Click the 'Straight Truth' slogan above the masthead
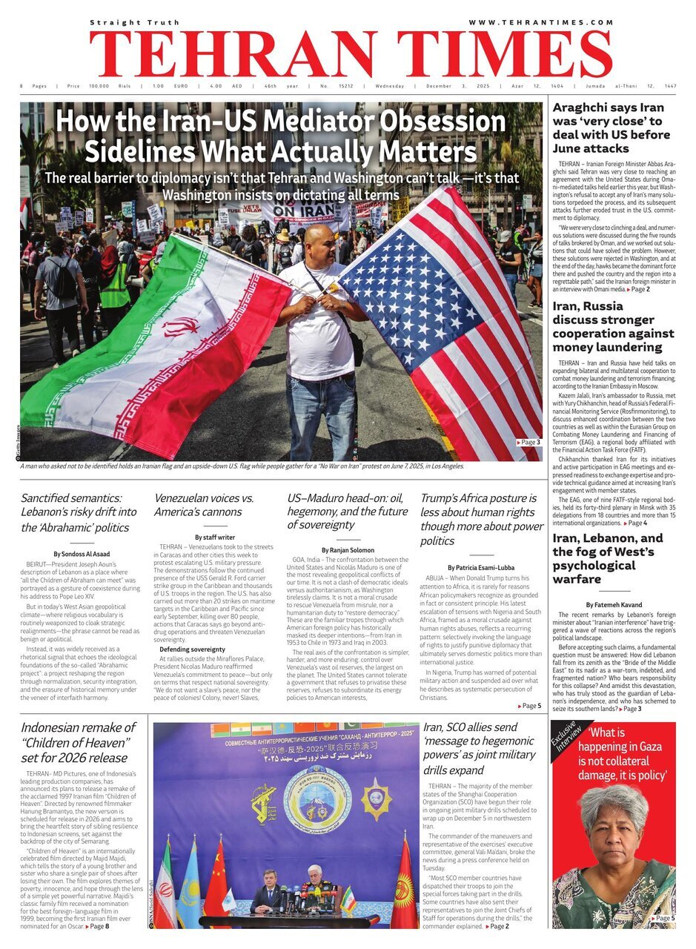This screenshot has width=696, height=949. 125,23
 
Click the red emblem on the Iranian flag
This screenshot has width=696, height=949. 181,326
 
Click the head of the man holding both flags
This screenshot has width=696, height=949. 318,242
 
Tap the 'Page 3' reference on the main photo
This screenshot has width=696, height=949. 528,442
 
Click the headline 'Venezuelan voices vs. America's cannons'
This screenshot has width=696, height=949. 204,505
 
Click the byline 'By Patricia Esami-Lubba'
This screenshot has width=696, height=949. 480,567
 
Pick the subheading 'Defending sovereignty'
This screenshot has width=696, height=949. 192,649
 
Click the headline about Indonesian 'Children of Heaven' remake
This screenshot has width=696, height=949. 76,743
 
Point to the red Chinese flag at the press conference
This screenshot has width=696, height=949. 216,890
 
